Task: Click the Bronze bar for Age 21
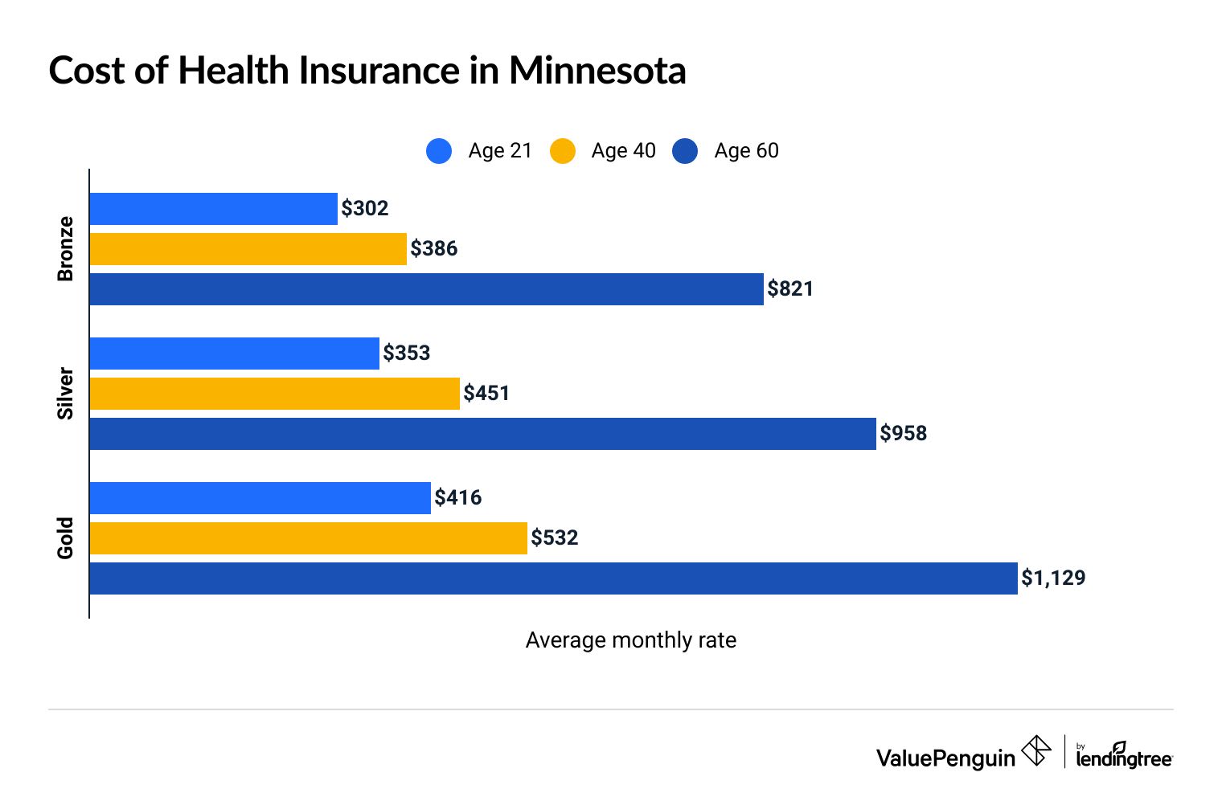click(x=213, y=209)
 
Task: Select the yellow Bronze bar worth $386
click(x=248, y=249)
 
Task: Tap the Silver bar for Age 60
click(x=482, y=434)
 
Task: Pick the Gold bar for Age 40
click(x=308, y=538)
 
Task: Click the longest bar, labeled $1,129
click(x=553, y=578)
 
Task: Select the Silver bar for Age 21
click(x=234, y=354)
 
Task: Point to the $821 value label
click(x=790, y=289)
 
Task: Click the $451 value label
click(x=486, y=394)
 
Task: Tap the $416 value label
click(x=458, y=498)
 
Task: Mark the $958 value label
click(x=903, y=434)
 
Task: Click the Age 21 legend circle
click(x=439, y=151)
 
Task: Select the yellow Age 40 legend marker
click(x=563, y=151)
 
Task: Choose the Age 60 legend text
click(x=746, y=151)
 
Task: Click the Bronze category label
click(x=65, y=249)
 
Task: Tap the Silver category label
click(x=65, y=394)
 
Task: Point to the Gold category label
click(x=65, y=538)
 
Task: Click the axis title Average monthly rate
click(x=631, y=640)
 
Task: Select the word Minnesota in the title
click(x=597, y=71)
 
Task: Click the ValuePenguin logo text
click(x=945, y=758)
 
